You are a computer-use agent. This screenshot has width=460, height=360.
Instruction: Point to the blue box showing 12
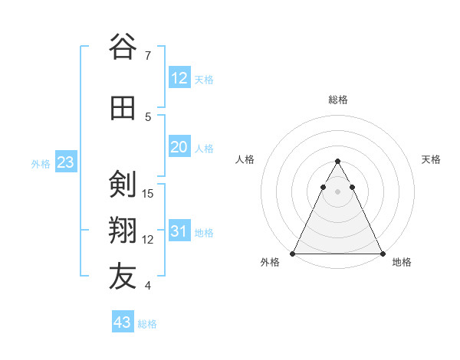coord(179,78)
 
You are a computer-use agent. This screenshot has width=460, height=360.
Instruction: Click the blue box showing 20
coord(179,148)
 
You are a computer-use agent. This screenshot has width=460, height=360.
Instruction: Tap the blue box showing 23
coord(65,162)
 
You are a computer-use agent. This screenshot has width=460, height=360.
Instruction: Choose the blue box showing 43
coord(122,322)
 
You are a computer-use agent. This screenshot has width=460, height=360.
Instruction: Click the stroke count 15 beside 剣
coord(149,194)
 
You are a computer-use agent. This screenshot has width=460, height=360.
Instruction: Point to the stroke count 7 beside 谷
coord(147,56)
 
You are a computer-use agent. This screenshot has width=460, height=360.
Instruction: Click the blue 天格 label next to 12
coord(204,80)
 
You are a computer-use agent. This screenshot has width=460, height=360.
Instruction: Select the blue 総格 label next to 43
coord(147,324)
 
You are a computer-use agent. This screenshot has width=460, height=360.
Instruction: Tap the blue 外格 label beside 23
coord(41,163)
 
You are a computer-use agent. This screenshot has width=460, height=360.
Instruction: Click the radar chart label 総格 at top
coord(338,100)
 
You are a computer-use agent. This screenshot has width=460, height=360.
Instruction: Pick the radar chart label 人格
coord(245,159)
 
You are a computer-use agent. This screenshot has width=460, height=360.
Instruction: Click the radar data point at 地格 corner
coord(382,253)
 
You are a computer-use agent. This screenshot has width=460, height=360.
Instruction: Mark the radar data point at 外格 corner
coord(293,253)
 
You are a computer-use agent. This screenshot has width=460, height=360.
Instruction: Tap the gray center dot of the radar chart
coord(337,192)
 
